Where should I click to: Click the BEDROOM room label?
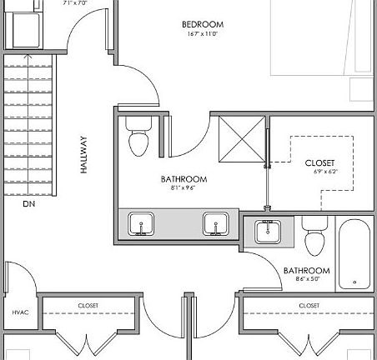(203, 25)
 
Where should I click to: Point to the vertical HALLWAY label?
(83, 155)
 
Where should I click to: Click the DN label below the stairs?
(29, 203)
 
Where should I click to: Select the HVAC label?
(20, 312)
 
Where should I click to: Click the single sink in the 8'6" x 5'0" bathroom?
(268, 231)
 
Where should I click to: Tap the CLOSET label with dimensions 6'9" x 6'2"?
(319, 162)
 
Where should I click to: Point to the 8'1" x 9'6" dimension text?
(183, 189)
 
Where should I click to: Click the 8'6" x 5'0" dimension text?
(306, 280)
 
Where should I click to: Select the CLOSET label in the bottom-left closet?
(88, 306)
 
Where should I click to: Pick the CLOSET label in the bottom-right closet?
(308, 306)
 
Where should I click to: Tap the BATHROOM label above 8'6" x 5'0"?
(306, 271)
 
